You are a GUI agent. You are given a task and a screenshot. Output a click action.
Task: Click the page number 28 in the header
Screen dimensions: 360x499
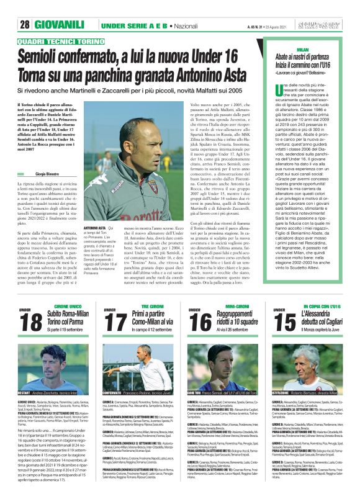(25, 24)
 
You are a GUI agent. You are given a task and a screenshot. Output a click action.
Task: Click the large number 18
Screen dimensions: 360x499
(31, 323)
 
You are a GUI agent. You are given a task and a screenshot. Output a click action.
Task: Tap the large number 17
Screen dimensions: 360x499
(115, 323)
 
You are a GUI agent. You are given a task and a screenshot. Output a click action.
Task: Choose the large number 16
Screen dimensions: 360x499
(200, 323)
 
